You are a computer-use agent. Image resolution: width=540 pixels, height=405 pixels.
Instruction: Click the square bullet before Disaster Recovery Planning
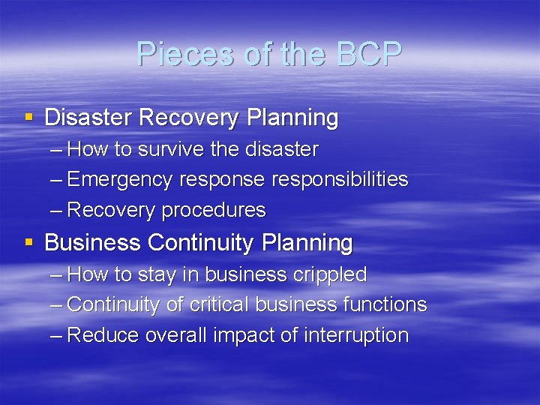28,118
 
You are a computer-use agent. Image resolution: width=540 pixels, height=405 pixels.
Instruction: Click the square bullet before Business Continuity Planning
28,243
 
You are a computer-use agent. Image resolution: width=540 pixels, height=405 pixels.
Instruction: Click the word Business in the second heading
93,243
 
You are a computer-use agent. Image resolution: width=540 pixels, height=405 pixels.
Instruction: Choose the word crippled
328,275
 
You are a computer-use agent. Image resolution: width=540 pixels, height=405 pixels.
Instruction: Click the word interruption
356,336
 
